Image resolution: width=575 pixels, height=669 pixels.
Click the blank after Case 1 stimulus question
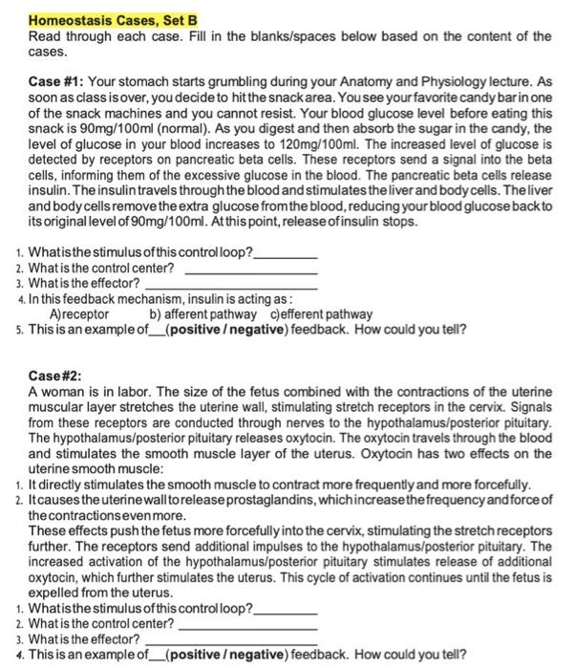285,256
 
